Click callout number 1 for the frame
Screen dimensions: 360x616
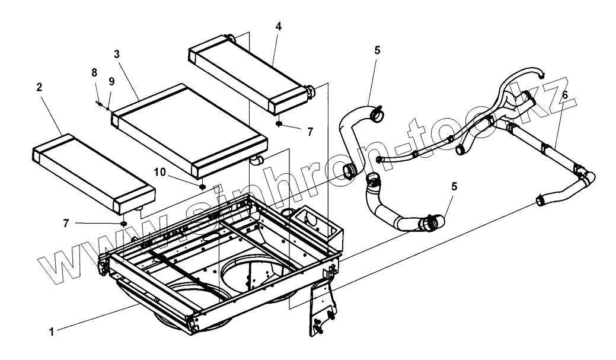click(x=52, y=333)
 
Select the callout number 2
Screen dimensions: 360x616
click(x=39, y=87)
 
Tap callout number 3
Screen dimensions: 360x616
click(x=117, y=53)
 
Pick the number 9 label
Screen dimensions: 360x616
click(x=111, y=81)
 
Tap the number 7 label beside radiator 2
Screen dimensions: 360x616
click(x=66, y=223)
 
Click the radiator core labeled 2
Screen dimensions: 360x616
click(x=92, y=173)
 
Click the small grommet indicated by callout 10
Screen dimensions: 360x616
click(x=202, y=186)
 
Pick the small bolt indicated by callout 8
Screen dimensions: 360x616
click(x=98, y=101)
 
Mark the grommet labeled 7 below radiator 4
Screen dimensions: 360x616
click(x=279, y=124)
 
